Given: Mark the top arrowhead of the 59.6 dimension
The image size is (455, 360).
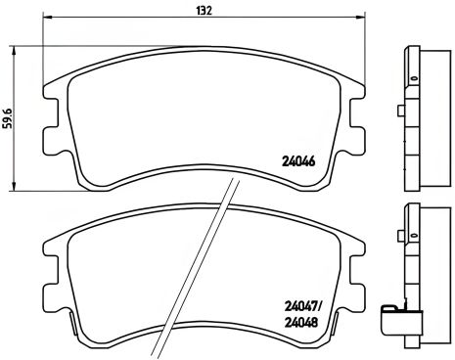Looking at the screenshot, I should pos(14,48).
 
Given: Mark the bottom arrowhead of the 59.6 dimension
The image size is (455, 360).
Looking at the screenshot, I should pos(14,187).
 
